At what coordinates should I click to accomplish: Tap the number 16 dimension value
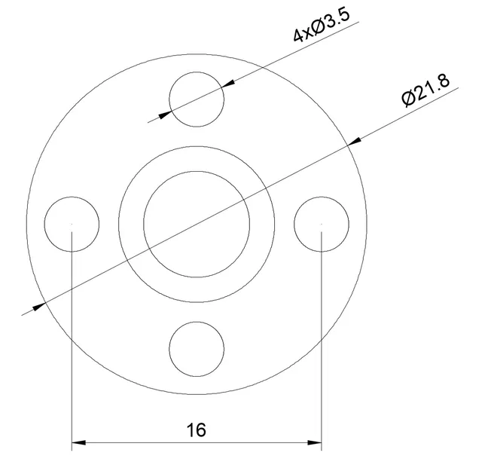(196, 430)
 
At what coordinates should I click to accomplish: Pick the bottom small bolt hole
(197, 349)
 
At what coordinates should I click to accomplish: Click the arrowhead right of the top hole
(228, 84)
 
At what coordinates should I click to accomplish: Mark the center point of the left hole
(72, 224)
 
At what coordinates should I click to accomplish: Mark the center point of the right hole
(322, 224)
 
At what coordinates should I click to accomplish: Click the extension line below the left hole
(72, 339)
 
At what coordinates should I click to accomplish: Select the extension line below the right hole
(322, 339)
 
